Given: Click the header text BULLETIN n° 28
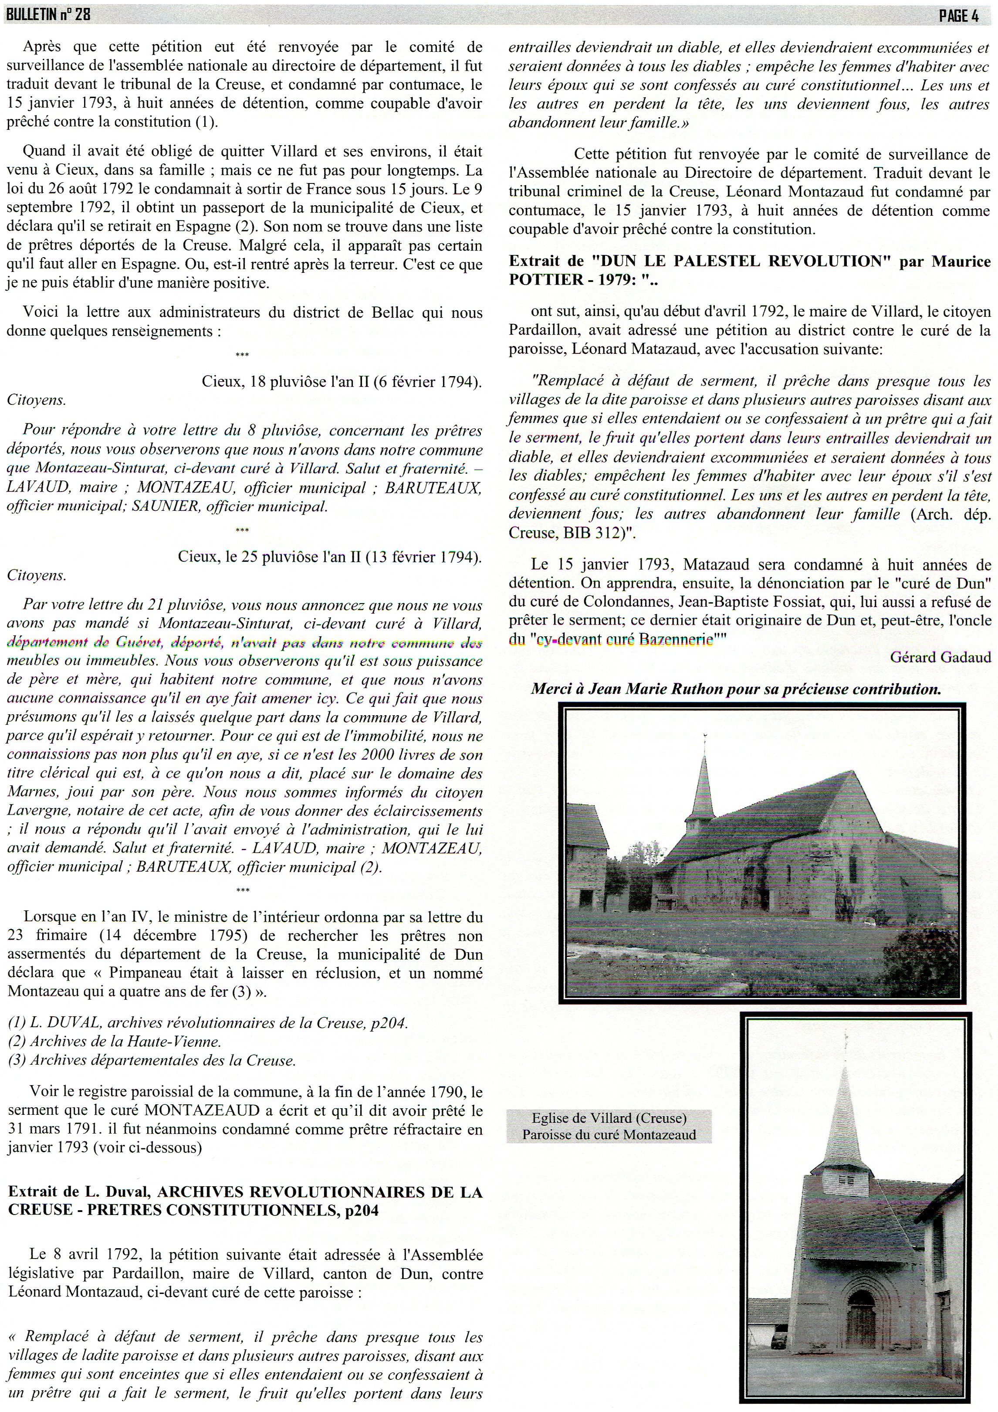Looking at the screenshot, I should (48, 15).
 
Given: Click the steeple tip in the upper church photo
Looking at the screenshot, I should (705, 736).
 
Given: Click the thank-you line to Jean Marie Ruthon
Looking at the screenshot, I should (735, 689).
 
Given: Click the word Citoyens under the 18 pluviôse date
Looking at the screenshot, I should (36, 400).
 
